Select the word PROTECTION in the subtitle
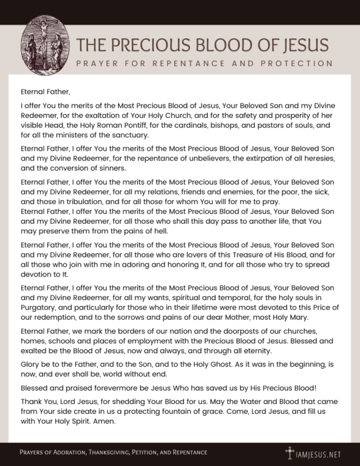point(297,63)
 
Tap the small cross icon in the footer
point(290,452)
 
